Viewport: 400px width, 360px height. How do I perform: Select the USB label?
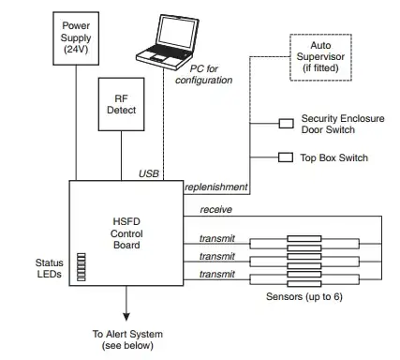coord(149,173)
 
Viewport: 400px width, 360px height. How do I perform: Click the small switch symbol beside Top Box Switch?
coord(287,157)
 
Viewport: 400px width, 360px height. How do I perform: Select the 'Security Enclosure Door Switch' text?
coord(344,125)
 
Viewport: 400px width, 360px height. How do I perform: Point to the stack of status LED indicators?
coord(81,266)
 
